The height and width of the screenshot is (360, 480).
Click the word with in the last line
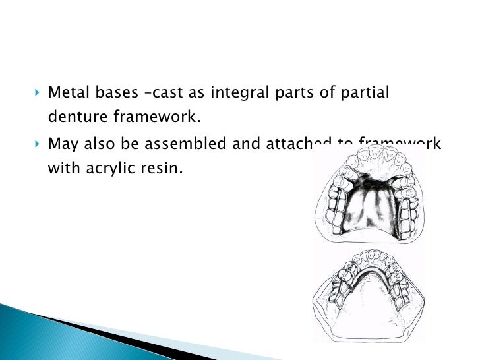(63, 168)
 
